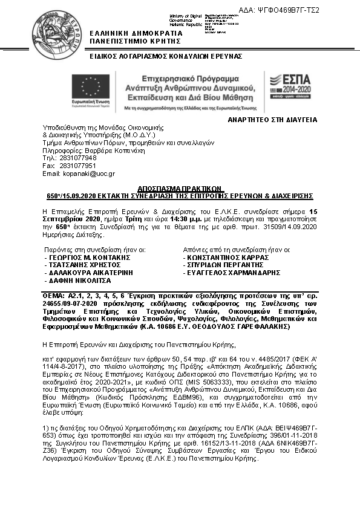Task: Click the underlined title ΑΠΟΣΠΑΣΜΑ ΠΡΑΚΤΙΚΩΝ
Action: click(x=180, y=188)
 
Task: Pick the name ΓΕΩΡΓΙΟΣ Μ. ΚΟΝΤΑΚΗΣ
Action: click(x=87, y=257)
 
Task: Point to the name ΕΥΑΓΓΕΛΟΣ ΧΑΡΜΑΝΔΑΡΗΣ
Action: click(x=229, y=273)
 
